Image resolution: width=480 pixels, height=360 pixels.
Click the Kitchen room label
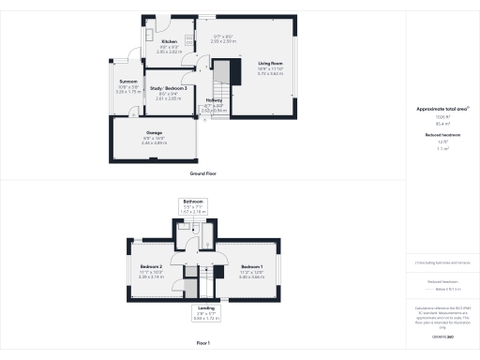(169, 42)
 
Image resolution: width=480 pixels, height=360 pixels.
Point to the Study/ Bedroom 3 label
(167, 88)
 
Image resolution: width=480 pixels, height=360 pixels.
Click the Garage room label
(153, 132)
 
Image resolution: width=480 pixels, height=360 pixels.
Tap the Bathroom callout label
(193, 202)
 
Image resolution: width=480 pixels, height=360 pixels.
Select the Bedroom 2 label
(152, 266)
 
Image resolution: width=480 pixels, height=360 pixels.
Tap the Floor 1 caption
(202, 344)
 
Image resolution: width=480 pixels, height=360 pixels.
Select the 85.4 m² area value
(442, 123)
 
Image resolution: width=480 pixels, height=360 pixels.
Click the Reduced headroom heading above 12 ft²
(442, 135)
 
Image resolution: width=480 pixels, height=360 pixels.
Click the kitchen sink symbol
(149, 33)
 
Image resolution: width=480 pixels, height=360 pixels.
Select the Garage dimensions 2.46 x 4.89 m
(153, 142)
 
